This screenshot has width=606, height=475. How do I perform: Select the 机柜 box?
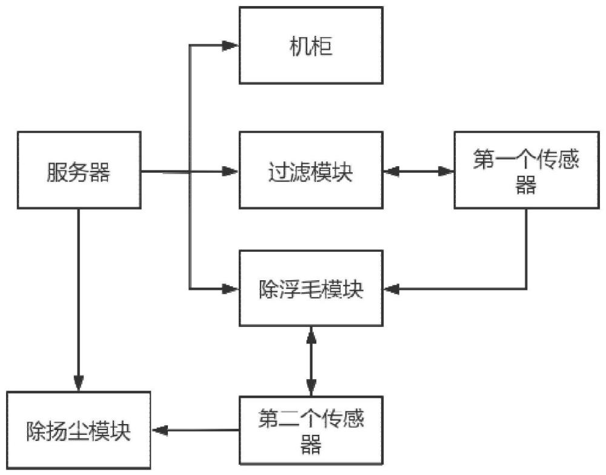311,46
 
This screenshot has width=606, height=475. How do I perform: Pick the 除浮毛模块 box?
311,288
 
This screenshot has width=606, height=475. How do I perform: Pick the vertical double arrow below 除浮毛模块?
311,361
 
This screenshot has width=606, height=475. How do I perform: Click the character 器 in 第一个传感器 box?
526,187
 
